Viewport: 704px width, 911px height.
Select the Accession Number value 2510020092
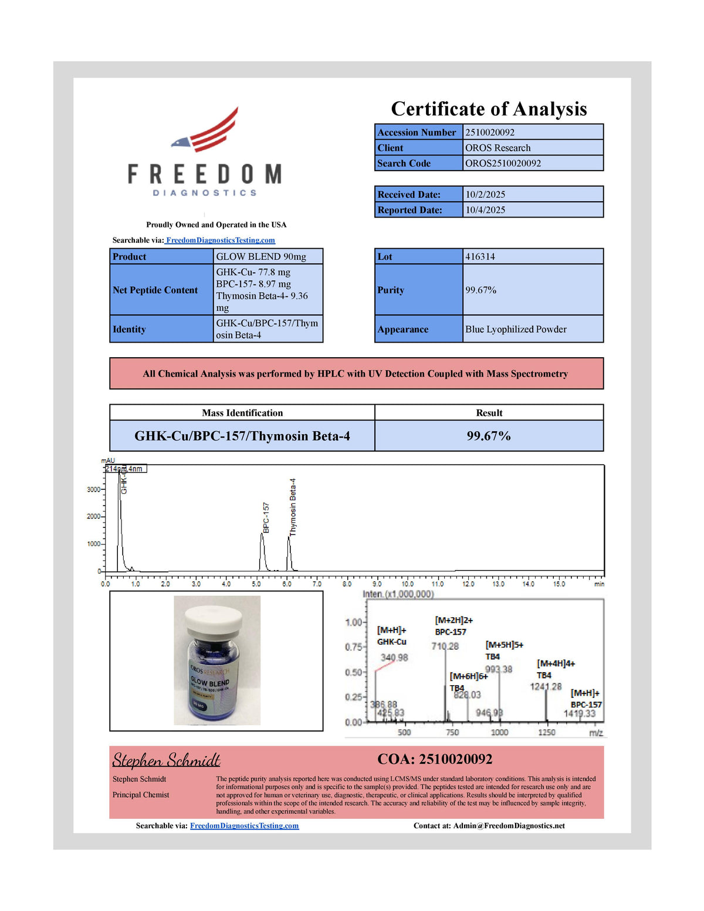coord(490,133)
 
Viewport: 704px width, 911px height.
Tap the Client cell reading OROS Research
coord(497,148)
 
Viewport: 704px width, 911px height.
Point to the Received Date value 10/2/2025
coord(485,195)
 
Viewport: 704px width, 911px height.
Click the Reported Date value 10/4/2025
coord(485,210)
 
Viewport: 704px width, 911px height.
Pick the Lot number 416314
coord(480,257)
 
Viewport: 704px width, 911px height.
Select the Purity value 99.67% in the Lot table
coord(481,290)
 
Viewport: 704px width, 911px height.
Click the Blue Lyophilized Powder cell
coord(516,330)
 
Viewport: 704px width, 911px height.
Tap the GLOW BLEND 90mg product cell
coord(261,257)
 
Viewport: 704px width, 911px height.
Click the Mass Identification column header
coord(242,413)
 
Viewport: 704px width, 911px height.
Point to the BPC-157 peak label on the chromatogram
coord(266,517)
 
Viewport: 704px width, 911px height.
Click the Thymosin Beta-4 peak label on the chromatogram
coord(293,507)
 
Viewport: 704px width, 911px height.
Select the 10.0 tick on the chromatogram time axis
coord(407,584)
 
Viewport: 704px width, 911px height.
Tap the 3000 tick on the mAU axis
coord(93,489)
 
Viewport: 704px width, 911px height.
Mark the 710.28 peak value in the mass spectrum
coord(445,646)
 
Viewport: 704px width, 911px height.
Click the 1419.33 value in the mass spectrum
coord(580,714)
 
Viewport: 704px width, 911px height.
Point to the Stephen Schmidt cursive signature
coord(166,761)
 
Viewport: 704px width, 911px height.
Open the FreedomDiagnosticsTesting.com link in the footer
coord(244,826)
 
